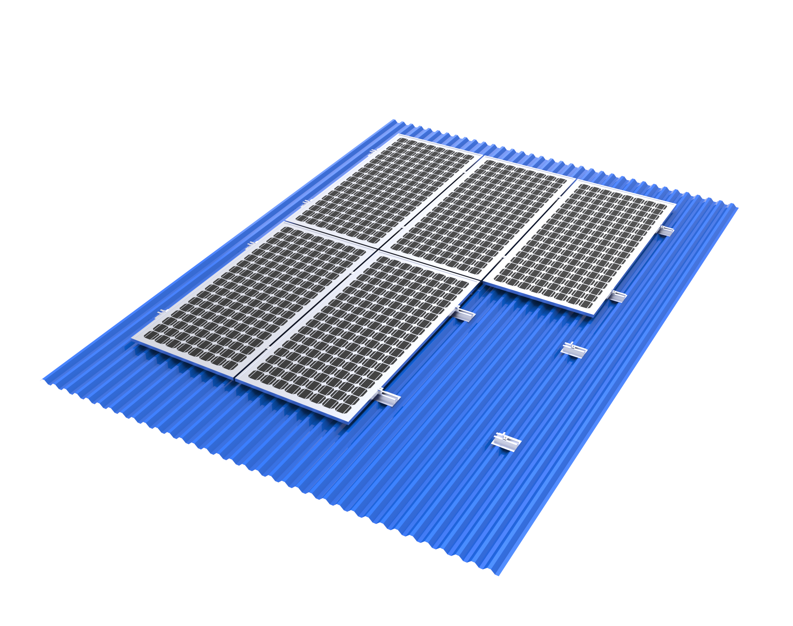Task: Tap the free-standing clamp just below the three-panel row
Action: [x=574, y=350]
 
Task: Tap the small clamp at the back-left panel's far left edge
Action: [x=373, y=151]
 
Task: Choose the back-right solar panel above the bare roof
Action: [x=583, y=247]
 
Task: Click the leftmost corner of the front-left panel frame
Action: [x=132, y=339]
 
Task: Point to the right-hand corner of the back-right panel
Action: [x=675, y=204]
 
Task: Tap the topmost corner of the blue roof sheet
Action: [x=394, y=120]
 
